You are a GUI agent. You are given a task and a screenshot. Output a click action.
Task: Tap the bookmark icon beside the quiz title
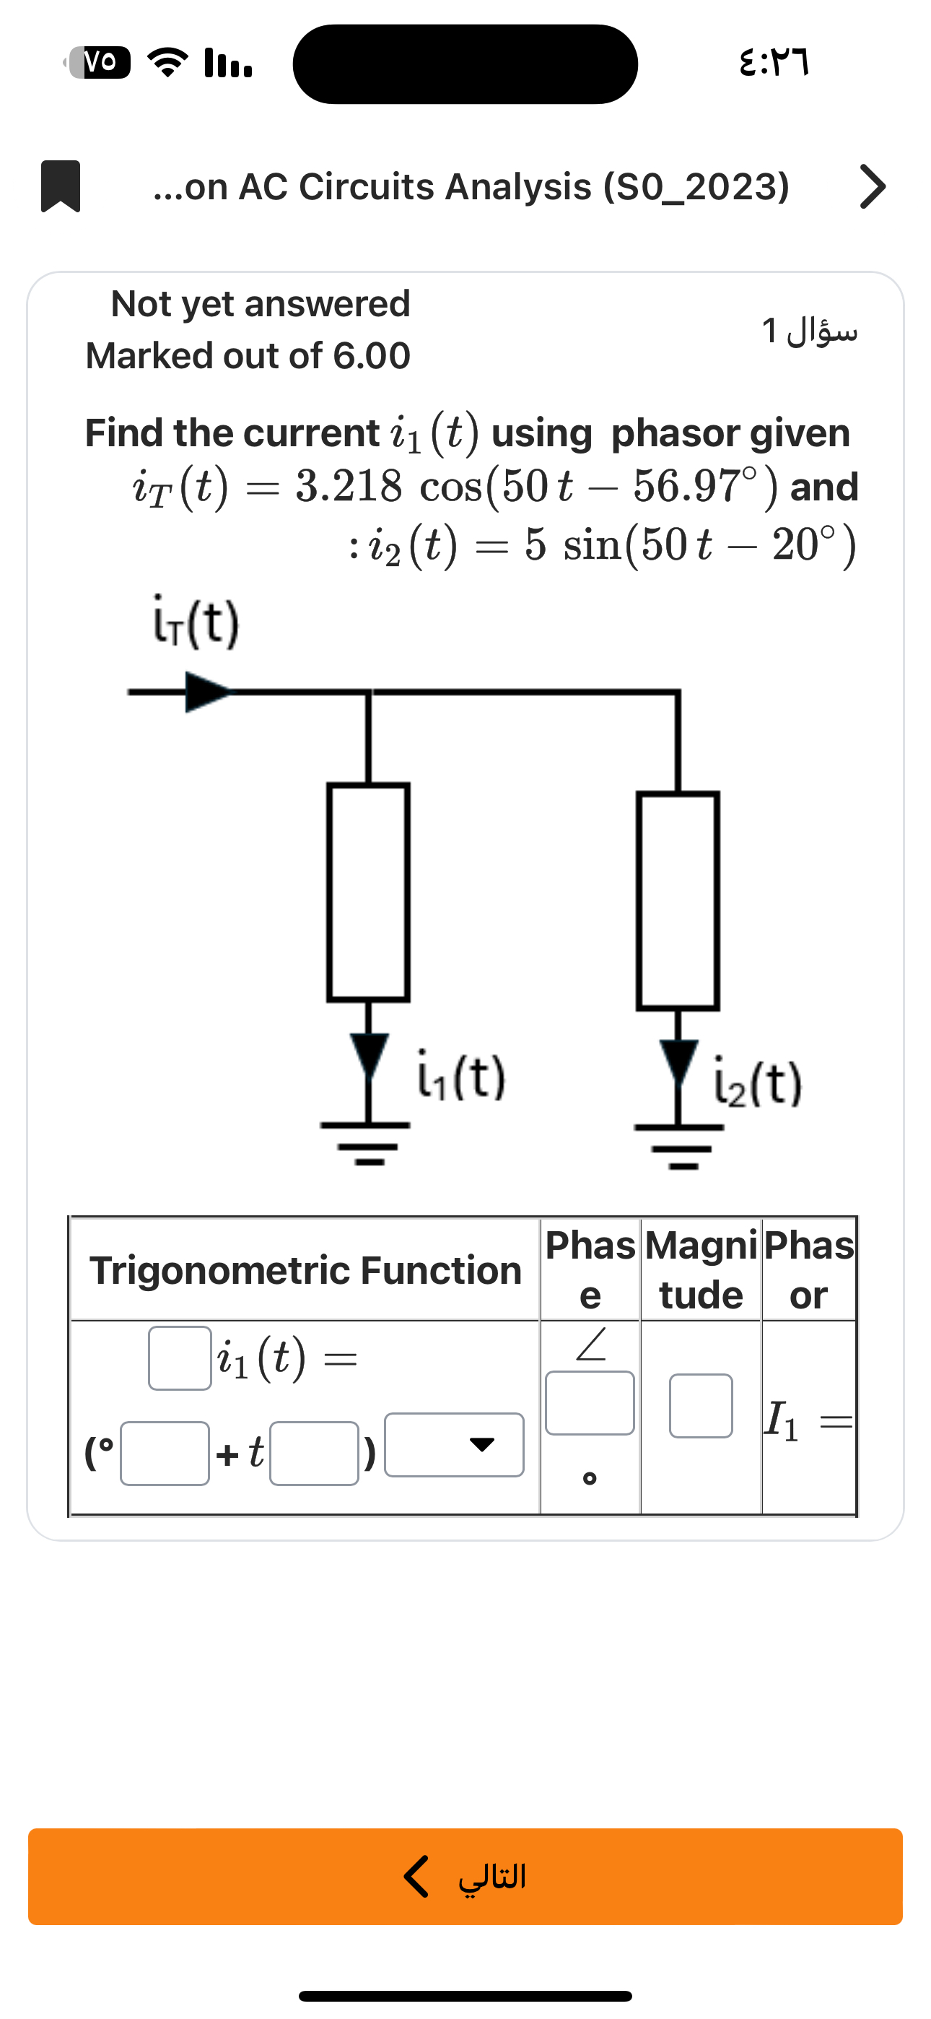click(61, 186)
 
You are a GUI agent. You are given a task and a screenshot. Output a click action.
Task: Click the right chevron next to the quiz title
click(873, 186)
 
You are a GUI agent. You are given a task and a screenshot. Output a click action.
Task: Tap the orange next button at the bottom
click(465, 1876)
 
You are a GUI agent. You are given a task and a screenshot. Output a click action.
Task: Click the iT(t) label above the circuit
click(194, 625)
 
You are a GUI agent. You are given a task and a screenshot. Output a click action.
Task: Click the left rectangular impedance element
click(368, 892)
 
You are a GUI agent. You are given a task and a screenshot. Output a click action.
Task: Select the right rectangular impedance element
click(678, 900)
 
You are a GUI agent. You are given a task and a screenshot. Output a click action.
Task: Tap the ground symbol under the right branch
click(679, 1145)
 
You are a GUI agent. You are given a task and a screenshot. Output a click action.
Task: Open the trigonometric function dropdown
click(454, 1444)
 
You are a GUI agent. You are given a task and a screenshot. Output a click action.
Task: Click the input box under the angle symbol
click(590, 1403)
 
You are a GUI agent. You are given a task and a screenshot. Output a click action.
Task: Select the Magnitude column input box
click(701, 1405)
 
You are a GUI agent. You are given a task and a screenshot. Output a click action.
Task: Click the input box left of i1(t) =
click(180, 1358)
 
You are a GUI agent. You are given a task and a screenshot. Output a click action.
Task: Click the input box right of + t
click(313, 1453)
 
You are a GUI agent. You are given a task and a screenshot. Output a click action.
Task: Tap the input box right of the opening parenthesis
click(165, 1453)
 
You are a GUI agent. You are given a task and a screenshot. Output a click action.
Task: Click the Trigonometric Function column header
click(305, 1270)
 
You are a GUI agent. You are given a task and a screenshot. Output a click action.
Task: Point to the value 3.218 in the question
click(349, 486)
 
